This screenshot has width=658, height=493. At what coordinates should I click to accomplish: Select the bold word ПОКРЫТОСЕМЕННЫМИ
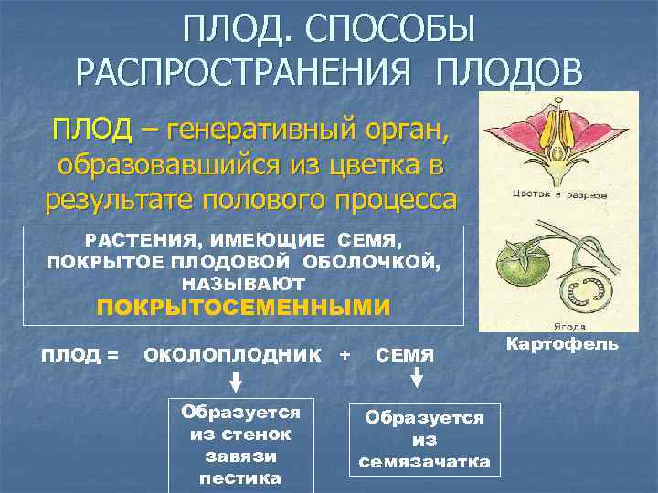[x=243, y=307]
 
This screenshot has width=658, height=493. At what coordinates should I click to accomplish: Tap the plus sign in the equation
[x=345, y=352]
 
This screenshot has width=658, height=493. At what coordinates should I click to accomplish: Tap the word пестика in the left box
[x=241, y=477]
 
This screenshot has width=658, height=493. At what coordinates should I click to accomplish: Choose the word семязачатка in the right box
[x=423, y=462]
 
